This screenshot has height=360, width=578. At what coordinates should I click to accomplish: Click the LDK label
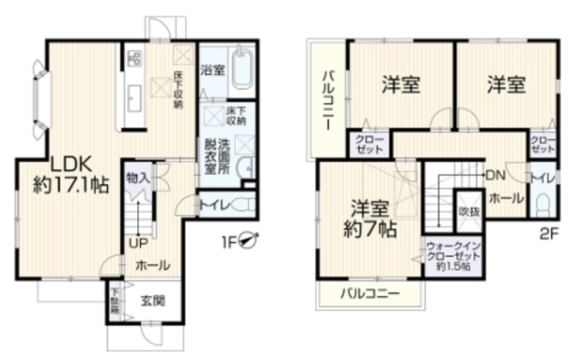click(72, 163)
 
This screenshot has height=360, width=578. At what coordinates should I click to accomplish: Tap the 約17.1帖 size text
click(71, 185)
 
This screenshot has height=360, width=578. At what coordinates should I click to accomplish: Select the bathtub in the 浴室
click(242, 69)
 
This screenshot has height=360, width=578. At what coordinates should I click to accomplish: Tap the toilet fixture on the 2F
click(542, 202)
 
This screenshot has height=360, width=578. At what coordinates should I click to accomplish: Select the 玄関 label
click(151, 301)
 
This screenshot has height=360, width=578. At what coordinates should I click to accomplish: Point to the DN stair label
click(496, 174)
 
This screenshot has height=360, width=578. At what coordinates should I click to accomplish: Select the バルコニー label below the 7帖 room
click(370, 294)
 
